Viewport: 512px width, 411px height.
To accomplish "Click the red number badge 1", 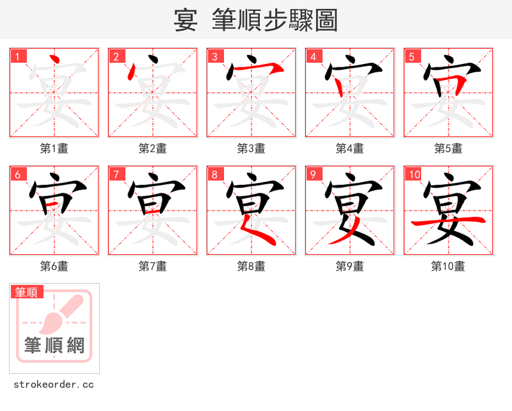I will [x=18, y=56].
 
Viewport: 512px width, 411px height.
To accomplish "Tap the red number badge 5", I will [x=412, y=56].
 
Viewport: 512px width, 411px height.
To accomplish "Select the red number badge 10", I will [x=413, y=174].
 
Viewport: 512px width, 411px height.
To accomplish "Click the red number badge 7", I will [x=116, y=174].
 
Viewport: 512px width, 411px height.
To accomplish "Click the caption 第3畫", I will [x=251, y=149].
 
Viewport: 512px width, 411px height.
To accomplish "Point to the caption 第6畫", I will [x=54, y=266].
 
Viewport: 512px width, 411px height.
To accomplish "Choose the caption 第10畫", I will [x=448, y=266].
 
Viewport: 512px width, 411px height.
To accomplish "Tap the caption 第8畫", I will [x=251, y=266].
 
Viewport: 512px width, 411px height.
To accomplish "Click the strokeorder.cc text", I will [x=54, y=385].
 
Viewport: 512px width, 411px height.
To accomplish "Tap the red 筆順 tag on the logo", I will [x=27, y=292].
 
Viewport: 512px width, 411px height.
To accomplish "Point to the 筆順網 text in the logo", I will [x=54, y=346].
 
